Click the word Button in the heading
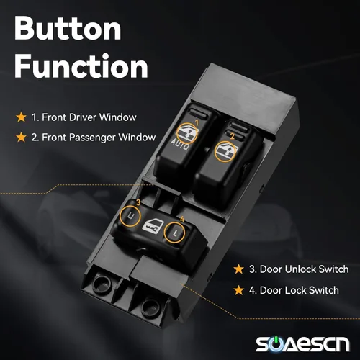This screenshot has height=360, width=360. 68,29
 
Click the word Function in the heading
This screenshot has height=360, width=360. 81,66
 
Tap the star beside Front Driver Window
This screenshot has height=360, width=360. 21,117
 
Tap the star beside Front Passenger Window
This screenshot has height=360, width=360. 21,138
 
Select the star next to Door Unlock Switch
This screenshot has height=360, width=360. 239,269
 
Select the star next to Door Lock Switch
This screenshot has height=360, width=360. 239,290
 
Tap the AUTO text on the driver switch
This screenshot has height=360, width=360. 180,145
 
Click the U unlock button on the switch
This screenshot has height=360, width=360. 131,216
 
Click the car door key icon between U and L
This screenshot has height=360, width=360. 153,225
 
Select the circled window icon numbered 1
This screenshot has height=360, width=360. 187,133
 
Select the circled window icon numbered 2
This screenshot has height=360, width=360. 225,150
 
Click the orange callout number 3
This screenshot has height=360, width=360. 138,202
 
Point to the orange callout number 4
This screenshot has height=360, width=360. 182,219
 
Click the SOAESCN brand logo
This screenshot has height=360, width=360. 302,344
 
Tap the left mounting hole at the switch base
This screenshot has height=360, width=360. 101,283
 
